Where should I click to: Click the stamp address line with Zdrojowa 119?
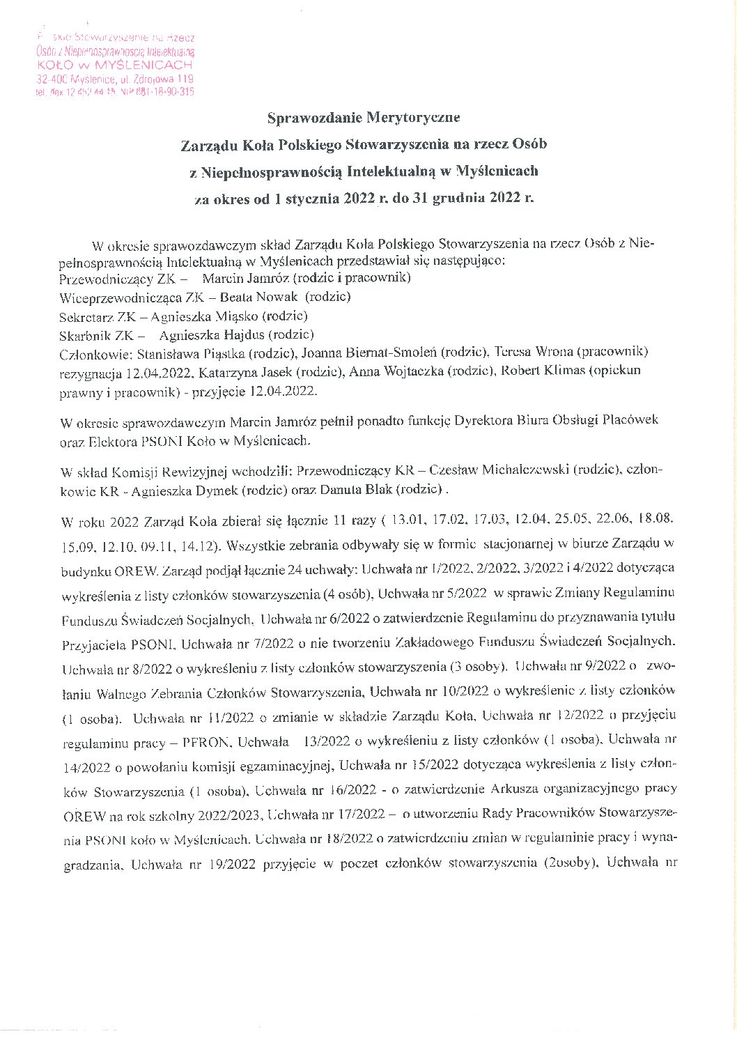[x=115, y=79]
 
